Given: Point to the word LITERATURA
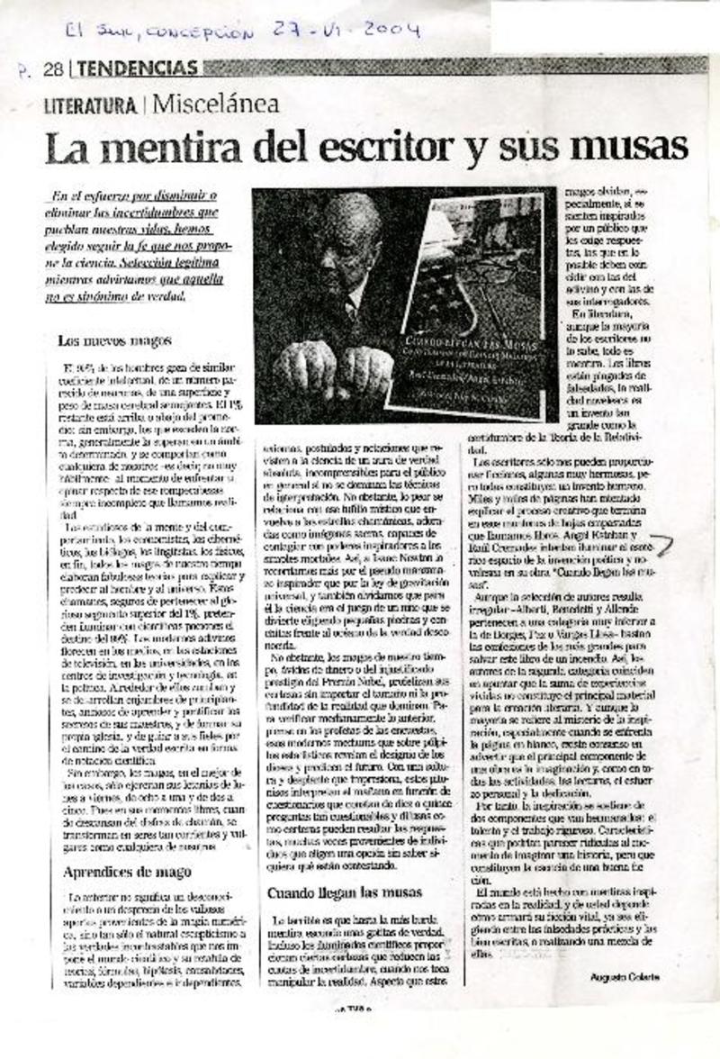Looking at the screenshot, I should tap(90, 104).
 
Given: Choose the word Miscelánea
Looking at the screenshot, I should tap(215, 104).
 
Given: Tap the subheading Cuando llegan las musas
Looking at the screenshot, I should tap(345, 892).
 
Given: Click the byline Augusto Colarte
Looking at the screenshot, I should tap(626, 976).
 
